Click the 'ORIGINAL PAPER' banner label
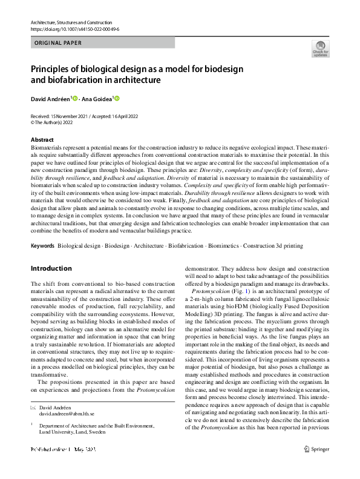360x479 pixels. pos(58,42)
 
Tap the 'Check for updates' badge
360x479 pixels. pos(320,49)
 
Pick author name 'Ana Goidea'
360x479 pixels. pos(98,98)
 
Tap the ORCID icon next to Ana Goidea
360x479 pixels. pos(117,98)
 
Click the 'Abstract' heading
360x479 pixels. pos(42,140)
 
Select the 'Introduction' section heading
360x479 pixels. pos(51,268)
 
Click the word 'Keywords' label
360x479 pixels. pos(42,246)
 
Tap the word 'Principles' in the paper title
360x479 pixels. pos(50,69)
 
